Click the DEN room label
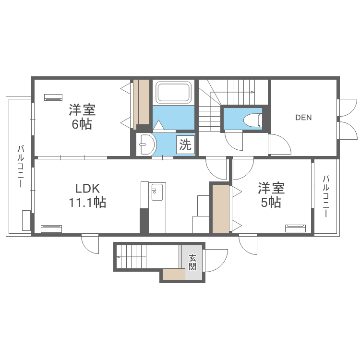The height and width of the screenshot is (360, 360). pos(303,118)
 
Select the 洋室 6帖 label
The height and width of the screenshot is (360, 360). pos(82,117)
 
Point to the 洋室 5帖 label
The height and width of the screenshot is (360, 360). pos(271,195)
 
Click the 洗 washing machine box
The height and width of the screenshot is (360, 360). pos(185,144)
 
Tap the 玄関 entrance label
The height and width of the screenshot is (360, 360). pos(192,262)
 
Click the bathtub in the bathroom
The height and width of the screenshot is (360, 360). pos(173,92)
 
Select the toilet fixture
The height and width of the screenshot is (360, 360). pos(252,119)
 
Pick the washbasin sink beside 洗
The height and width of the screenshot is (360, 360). pos(146,144)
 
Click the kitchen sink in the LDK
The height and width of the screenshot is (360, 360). pos(157,193)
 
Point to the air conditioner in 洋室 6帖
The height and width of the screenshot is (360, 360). pos(53,97)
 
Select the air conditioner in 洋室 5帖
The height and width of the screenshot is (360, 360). pos(296,228)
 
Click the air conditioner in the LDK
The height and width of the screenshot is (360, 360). pos(51,228)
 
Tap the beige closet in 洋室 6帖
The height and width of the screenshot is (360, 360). pos(142,102)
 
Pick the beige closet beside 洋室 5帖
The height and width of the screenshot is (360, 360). pos(220,208)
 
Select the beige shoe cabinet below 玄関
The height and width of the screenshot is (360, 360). pos(173,275)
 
